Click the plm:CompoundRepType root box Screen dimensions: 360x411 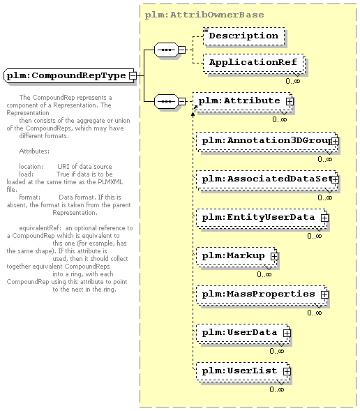pos(70,76)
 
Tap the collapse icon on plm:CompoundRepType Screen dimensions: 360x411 pos(133,76)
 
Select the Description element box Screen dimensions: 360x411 pos(244,36)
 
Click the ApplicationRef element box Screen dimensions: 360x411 pos(254,63)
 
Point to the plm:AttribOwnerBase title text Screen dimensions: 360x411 pos(204,15)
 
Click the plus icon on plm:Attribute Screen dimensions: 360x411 pos(290,101)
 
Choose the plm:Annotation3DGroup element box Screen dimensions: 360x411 pos(267,142)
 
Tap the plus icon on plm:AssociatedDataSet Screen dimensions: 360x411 pos(335,180)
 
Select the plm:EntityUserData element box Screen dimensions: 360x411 pos(262,218)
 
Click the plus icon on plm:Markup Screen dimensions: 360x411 pos(274,256)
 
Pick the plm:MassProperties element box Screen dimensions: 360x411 pos(262,295)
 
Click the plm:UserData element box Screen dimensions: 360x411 pos(243,334)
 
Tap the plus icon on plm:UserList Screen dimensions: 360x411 pos(287,371)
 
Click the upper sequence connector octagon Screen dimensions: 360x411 pos(166,50)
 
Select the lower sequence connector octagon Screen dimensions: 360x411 pos(166,101)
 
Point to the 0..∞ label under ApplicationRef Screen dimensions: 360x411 pos(292,81)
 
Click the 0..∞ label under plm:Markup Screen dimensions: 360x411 pos(264,274)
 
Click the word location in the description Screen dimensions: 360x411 pos(31,167)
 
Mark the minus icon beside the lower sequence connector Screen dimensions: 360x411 pos(181,101)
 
